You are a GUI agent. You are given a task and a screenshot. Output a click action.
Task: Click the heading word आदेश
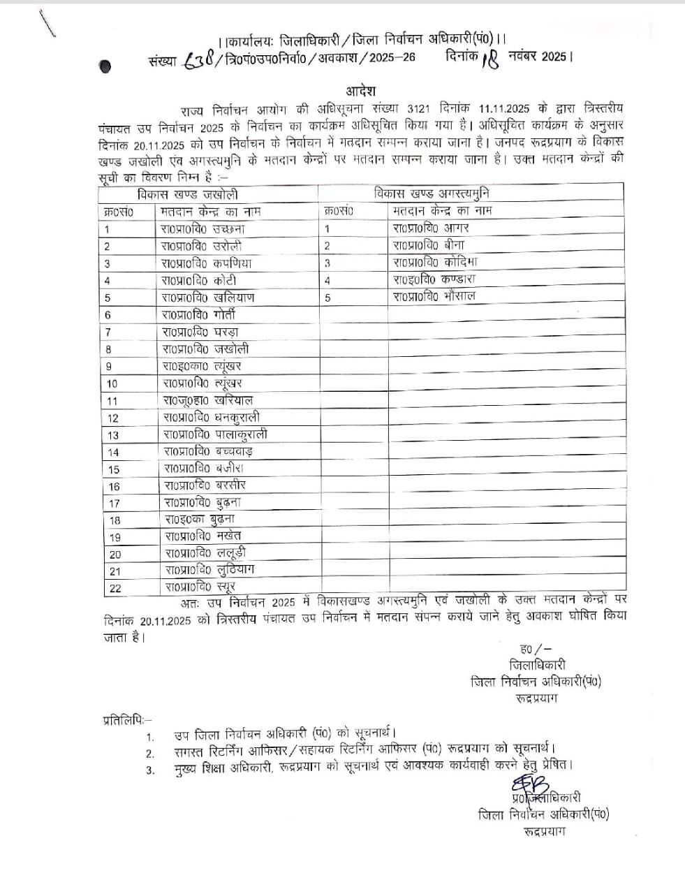coord(360,91)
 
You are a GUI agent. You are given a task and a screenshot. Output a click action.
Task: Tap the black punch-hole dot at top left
coord(105,66)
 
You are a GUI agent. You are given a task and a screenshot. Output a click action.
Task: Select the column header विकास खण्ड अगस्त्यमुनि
coord(436,193)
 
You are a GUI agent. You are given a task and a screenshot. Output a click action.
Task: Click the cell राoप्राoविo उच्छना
coord(202,228)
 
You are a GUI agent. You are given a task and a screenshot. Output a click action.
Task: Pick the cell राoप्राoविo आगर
coord(431,228)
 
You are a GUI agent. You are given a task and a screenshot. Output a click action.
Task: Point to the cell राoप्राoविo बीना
coord(428,245)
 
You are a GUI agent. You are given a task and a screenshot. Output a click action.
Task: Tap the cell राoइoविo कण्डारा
coord(434,279)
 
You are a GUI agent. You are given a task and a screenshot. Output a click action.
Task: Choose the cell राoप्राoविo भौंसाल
coord(434,296)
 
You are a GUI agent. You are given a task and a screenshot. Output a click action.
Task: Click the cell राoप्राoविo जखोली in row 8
coord(205,349)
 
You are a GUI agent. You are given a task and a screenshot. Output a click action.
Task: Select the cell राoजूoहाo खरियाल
coord(207,400)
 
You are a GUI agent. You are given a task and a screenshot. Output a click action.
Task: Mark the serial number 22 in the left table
coord(115,588)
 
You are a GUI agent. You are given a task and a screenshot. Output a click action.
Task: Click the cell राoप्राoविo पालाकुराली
coord(215,434)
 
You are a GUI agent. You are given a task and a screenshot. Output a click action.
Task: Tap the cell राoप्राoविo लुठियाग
coord(209,570)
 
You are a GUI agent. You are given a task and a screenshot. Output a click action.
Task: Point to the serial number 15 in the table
coord(114,469)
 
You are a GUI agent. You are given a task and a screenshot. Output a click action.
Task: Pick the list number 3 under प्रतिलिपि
coord(150,770)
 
